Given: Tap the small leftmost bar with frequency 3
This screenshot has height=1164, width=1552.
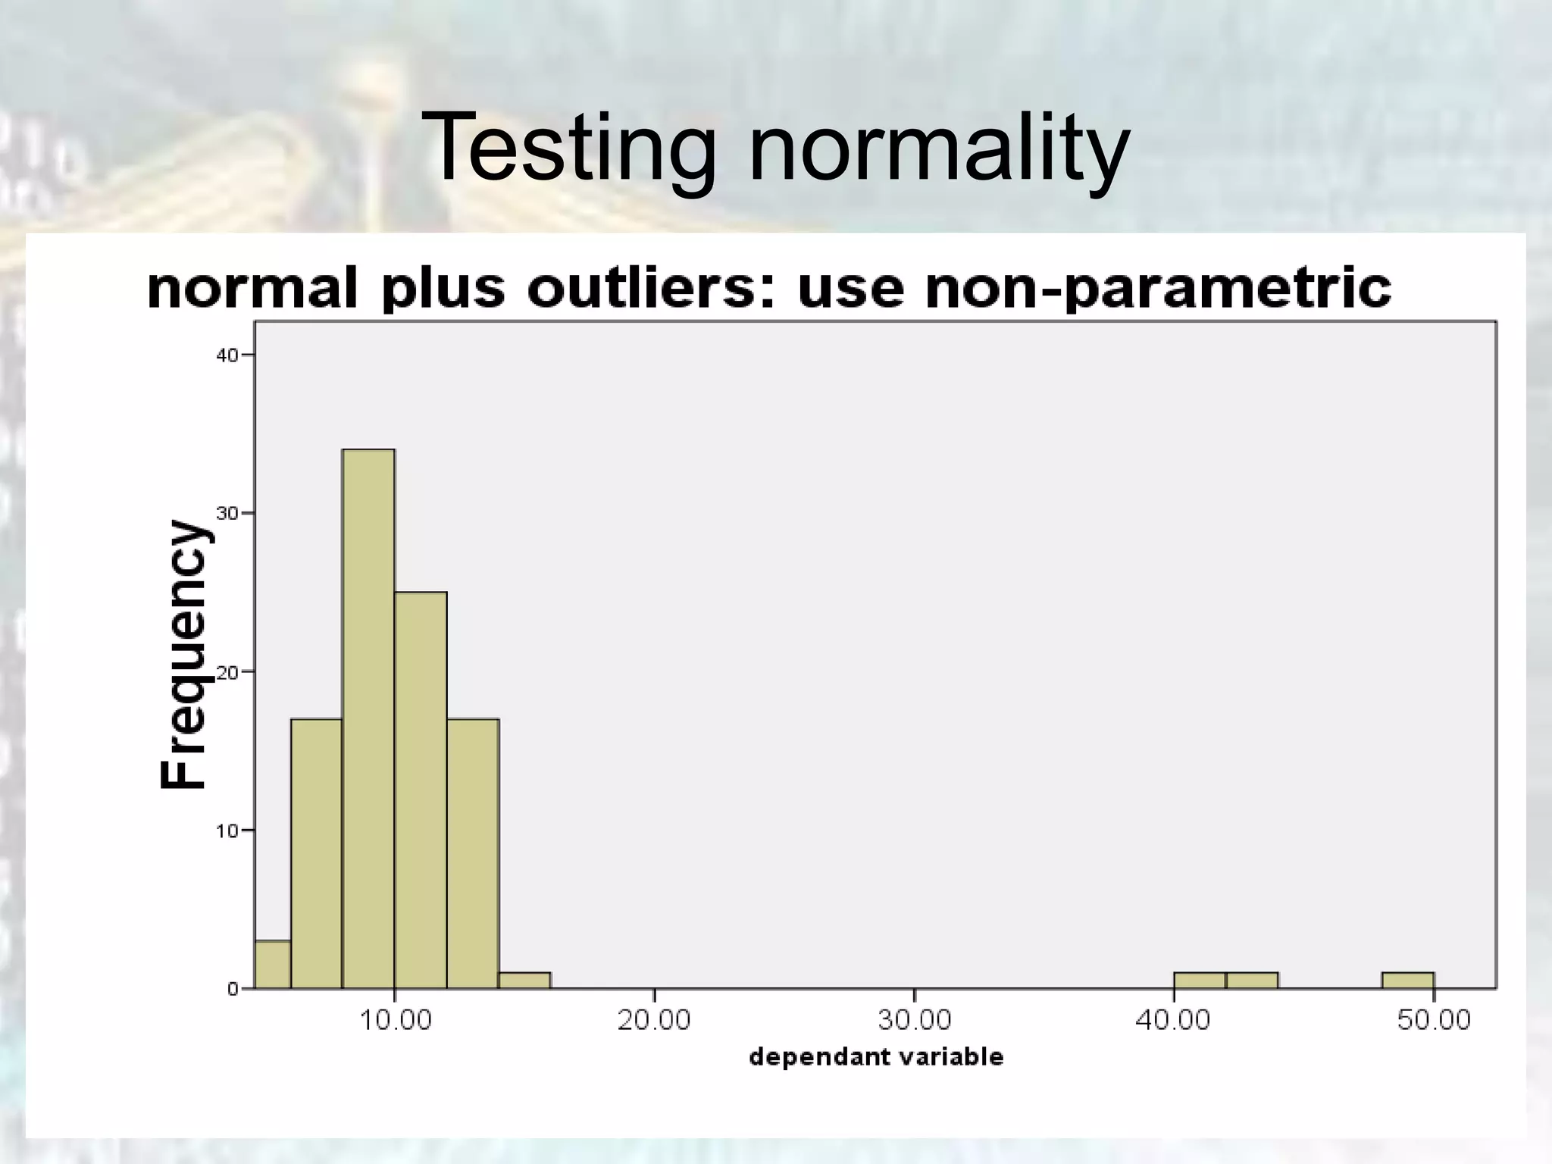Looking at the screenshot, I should pyautogui.click(x=273, y=964).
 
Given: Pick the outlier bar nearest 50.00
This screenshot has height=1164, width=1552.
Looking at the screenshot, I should pyautogui.click(x=1407, y=980).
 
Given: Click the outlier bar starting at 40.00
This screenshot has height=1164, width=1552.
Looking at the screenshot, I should pyautogui.click(x=1200, y=980).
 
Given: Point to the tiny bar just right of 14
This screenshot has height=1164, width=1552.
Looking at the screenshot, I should pyautogui.click(x=525, y=980).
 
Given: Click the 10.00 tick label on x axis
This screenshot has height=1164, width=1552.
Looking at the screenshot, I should pyautogui.click(x=395, y=1020).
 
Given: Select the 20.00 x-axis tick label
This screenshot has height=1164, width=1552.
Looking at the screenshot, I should pyautogui.click(x=654, y=1020).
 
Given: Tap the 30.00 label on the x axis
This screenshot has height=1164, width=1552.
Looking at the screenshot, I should pyautogui.click(x=914, y=1020).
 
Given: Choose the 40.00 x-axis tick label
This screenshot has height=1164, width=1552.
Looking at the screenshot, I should pyautogui.click(x=1173, y=1020).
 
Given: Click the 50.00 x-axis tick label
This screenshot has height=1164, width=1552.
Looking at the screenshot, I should pyautogui.click(x=1433, y=1020).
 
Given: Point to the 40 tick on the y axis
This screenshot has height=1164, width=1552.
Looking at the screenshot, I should pyautogui.click(x=228, y=355).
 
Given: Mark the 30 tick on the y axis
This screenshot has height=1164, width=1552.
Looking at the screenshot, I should pyautogui.click(x=228, y=513).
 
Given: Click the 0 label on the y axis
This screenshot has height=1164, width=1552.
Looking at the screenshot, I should pyautogui.click(x=233, y=989).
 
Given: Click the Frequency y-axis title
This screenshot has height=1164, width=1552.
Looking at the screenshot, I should pyautogui.click(x=183, y=655).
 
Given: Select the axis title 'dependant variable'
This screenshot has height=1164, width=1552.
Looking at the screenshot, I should pyautogui.click(x=876, y=1057).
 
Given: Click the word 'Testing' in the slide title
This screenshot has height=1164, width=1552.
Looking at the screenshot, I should pyautogui.click(x=568, y=145).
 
